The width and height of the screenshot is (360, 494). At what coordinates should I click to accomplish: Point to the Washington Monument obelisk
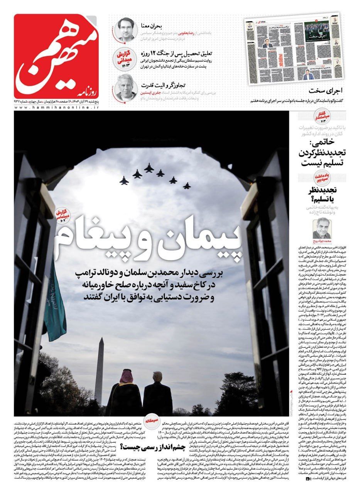coord(100,370)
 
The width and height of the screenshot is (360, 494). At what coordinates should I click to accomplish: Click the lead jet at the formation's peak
coord(149,167)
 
